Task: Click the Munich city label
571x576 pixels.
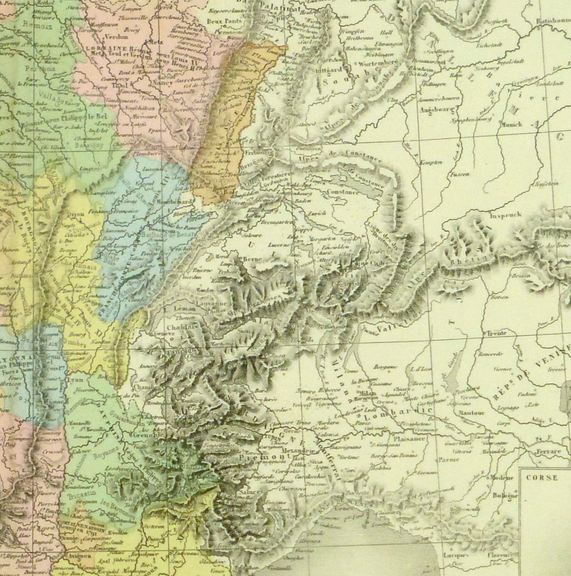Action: (x=511, y=125)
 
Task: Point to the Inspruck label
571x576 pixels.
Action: (x=505, y=214)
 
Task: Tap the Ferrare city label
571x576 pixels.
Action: (x=549, y=451)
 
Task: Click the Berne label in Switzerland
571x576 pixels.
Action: (x=250, y=259)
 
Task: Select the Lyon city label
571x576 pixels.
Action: (x=75, y=380)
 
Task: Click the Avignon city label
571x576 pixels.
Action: (x=79, y=556)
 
